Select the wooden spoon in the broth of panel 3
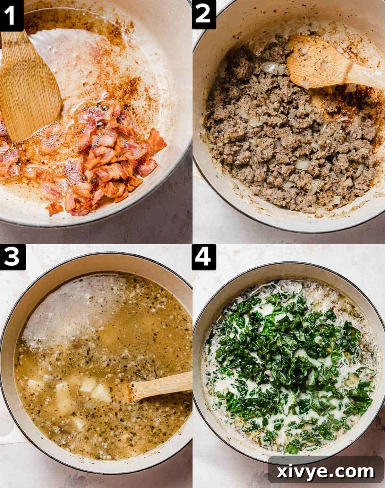(x=157, y=388)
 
